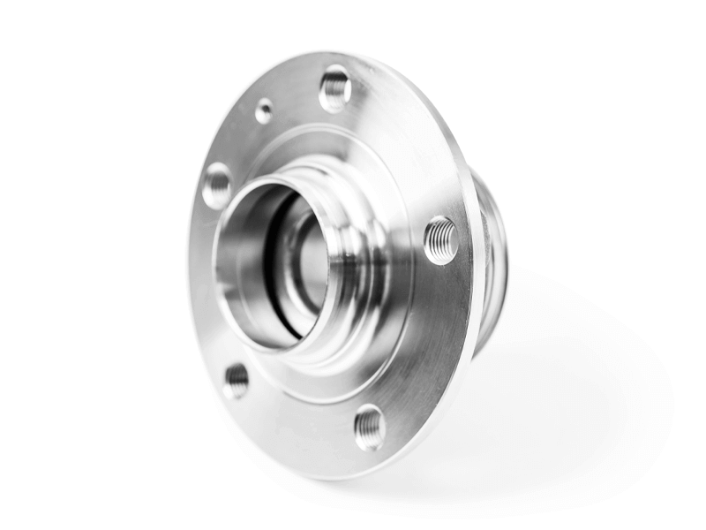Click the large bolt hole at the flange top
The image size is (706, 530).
coord(335,89)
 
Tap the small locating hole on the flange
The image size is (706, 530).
coord(264,110)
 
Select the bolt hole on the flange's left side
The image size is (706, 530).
coord(216,185)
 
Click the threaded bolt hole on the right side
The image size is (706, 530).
coord(440,240)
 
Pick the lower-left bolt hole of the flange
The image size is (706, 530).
coord(236,380)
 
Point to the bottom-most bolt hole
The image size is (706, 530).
coord(370,428)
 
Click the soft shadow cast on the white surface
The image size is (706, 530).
coord(565,389)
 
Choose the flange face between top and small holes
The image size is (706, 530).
coord(297,97)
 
